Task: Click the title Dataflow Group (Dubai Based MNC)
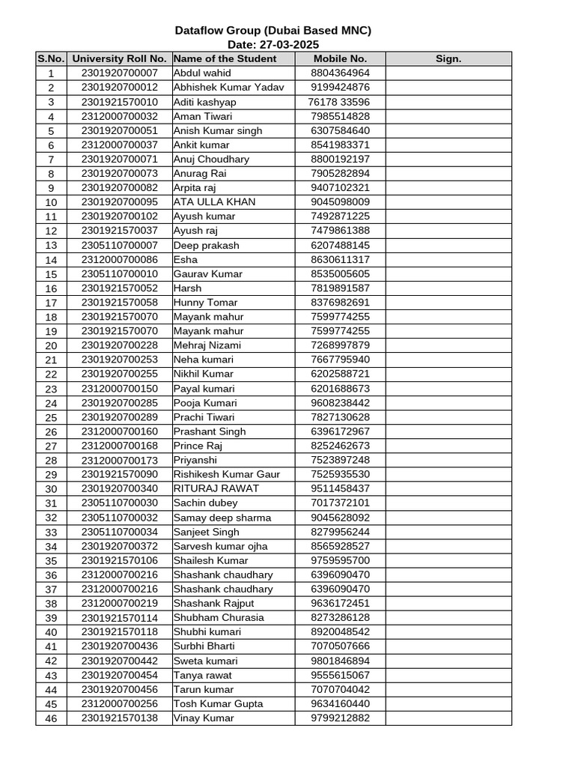(x=273, y=31)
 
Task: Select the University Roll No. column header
(x=119, y=58)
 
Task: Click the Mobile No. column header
(x=340, y=58)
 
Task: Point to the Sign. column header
(x=448, y=58)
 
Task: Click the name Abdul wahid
(x=202, y=73)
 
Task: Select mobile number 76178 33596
(x=339, y=102)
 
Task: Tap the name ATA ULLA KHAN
(x=214, y=202)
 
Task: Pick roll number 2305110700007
(x=119, y=245)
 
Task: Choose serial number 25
(x=51, y=417)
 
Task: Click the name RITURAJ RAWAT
(x=216, y=488)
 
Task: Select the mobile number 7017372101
(x=340, y=503)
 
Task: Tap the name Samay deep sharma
(x=222, y=518)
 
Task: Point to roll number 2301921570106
(x=119, y=560)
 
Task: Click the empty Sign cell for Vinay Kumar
(x=448, y=718)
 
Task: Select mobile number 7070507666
(x=340, y=646)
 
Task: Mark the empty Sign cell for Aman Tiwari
(x=448, y=116)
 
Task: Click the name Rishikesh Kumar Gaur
(x=226, y=474)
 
